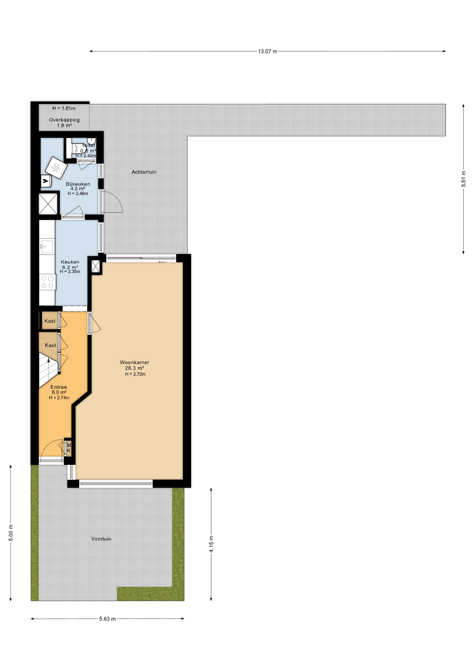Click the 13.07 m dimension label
(x=268, y=51)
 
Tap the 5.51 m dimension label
(x=464, y=179)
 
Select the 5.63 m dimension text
(x=107, y=619)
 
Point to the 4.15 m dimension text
(x=211, y=544)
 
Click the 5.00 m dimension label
(x=11, y=533)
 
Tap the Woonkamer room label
(x=134, y=362)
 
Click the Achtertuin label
(x=144, y=172)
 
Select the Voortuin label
(x=101, y=539)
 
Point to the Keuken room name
(x=70, y=262)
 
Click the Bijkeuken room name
(x=78, y=184)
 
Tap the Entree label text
(x=59, y=387)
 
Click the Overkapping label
(x=64, y=120)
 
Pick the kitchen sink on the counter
(x=47, y=246)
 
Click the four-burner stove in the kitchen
(x=47, y=282)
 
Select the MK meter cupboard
(x=69, y=448)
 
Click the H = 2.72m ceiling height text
(x=135, y=374)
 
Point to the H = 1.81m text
(x=64, y=108)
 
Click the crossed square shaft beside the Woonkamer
(x=96, y=267)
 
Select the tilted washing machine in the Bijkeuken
(x=56, y=168)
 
